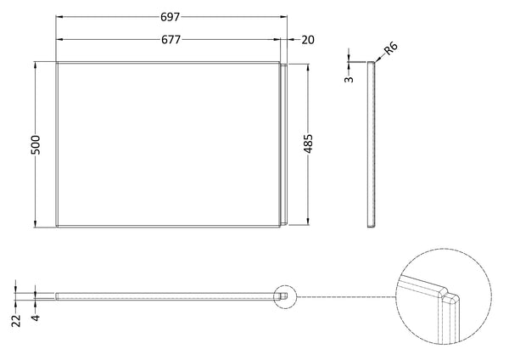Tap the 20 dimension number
click(307, 39)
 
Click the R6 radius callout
click(391, 50)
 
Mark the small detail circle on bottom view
click(286, 295)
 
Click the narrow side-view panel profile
click(370, 144)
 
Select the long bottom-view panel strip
click(170, 295)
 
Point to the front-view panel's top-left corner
click(56, 62)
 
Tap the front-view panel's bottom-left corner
click(56, 227)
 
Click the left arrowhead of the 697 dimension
click(59, 17)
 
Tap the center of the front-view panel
click(168, 144)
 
